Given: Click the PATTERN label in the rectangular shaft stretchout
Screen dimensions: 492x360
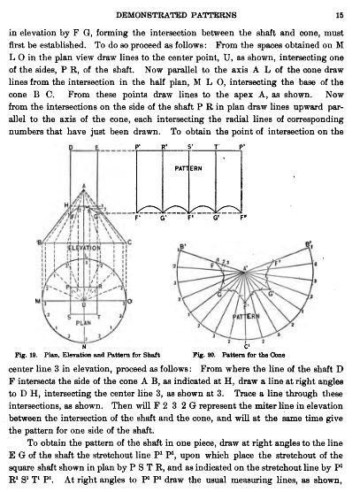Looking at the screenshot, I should [x=188, y=166].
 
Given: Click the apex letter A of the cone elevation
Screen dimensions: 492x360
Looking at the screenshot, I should [x=83, y=187].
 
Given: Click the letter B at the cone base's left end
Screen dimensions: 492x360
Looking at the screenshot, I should [x=34, y=242].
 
